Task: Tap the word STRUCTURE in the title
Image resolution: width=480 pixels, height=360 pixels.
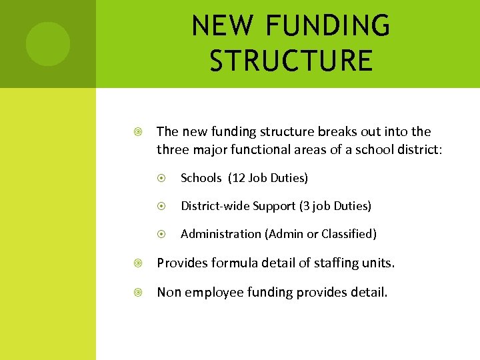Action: [x=291, y=60]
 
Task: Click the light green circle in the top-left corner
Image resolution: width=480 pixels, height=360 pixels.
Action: [x=47, y=44]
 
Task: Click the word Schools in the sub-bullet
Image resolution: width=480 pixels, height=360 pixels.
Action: [x=201, y=178]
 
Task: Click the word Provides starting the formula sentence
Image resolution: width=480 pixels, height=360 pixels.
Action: [x=183, y=263]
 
